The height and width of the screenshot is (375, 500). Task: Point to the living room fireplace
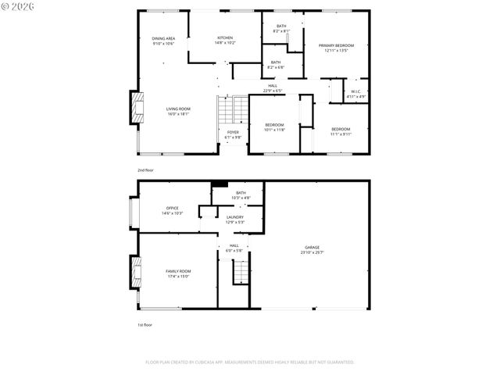[137, 109]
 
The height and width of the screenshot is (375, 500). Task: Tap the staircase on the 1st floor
[241, 271]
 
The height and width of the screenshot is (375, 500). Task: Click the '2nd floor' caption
[146, 170]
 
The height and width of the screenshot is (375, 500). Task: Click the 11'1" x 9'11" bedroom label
[341, 130]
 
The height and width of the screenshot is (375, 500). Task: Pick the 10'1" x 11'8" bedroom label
[274, 127]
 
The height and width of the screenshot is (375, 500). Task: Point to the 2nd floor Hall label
[272, 88]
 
